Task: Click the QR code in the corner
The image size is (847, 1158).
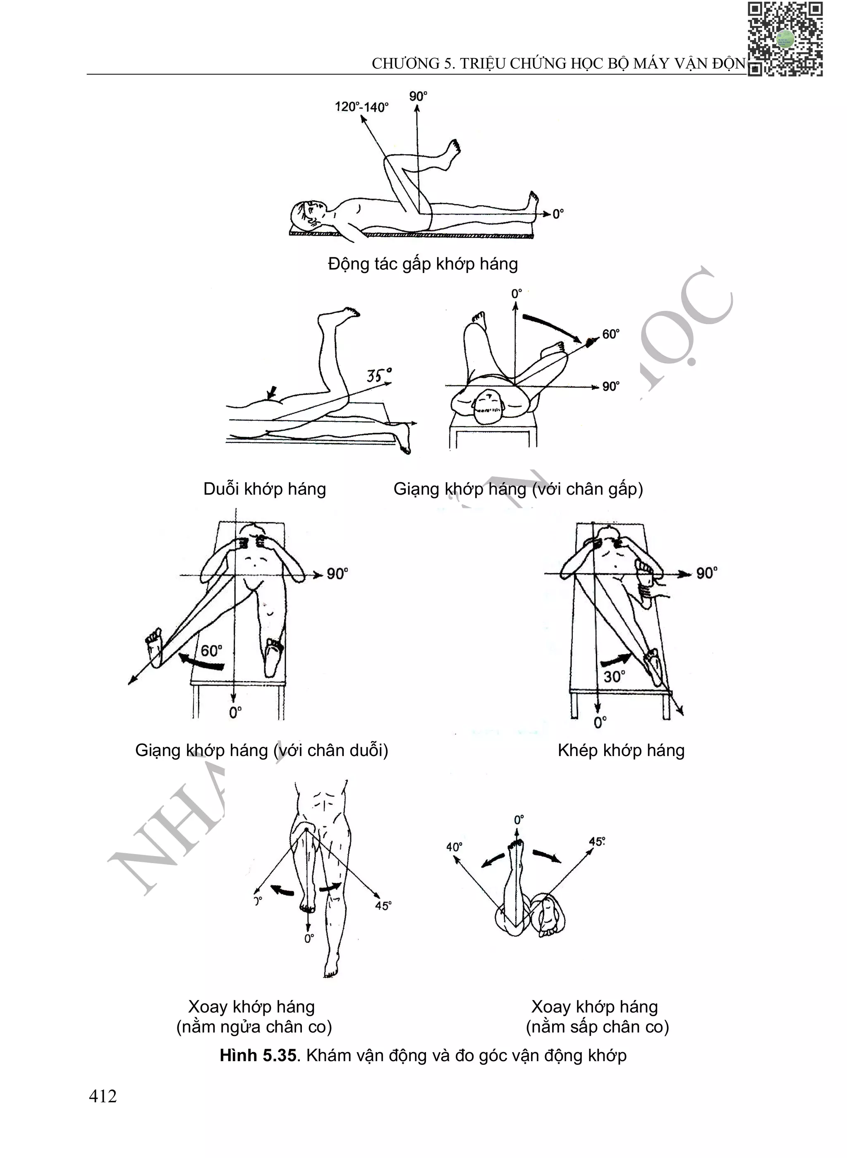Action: (785, 39)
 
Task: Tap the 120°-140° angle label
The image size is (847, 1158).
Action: (361, 107)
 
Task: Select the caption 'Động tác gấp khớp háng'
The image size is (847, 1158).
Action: (423, 264)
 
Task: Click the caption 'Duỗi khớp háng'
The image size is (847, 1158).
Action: (265, 489)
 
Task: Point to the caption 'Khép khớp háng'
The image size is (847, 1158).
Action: (621, 751)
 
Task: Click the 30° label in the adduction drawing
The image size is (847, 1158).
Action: (614, 677)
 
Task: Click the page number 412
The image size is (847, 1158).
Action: (103, 1096)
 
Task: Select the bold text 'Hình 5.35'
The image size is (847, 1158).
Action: (258, 1055)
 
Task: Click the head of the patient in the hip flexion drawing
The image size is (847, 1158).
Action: (306, 213)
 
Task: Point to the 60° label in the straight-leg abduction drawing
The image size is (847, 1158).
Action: (211, 651)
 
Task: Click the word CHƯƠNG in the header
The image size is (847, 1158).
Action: (406, 64)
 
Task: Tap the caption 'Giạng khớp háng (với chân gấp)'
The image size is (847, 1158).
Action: (518, 489)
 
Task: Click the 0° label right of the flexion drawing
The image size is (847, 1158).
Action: (558, 214)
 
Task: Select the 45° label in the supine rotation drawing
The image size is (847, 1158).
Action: (383, 906)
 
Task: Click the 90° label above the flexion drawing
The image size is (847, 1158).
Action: (418, 96)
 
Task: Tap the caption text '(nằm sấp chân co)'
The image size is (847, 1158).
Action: (597, 1027)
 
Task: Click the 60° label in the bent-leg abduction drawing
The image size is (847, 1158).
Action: (610, 334)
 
